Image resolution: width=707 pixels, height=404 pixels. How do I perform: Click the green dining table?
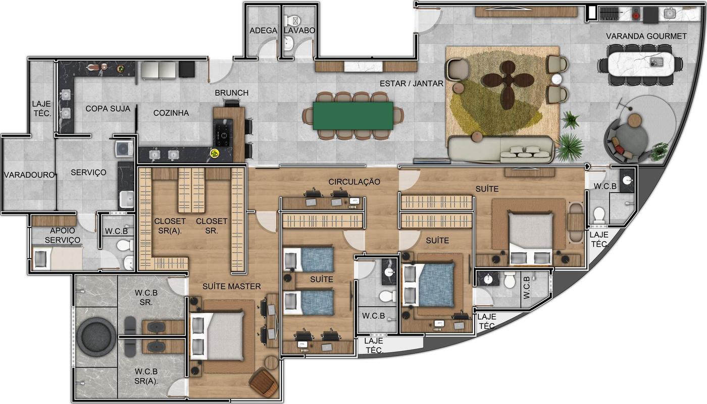point(353,116)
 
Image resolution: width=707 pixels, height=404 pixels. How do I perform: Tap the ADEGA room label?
point(263,31)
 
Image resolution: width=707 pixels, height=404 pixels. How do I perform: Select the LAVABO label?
point(299,31)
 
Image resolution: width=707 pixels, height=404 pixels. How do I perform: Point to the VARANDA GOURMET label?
point(646,36)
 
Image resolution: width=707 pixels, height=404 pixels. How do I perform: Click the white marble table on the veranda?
point(641,64)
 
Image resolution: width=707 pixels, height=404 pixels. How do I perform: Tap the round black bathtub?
point(96,337)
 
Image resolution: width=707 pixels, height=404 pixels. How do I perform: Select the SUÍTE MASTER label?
point(231,286)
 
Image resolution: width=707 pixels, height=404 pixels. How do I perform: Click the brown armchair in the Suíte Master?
point(264,382)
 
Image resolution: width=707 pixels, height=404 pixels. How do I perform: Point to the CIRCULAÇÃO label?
point(354,182)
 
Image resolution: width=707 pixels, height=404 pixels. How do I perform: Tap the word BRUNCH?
point(232,93)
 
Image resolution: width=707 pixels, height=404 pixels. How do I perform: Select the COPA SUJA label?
point(108,109)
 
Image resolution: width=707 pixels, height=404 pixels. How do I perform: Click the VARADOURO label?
point(29,175)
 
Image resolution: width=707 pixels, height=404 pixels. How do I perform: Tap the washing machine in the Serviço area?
point(125,149)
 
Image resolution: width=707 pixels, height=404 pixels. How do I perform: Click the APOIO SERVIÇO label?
point(63,235)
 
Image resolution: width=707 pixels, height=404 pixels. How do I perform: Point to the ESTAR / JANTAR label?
point(411,84)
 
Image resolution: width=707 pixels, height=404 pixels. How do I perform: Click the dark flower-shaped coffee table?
point(508,85)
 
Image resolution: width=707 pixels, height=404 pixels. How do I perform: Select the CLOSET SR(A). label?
point(170,226)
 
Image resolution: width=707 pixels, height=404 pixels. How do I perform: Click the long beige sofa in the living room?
point(501,150)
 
